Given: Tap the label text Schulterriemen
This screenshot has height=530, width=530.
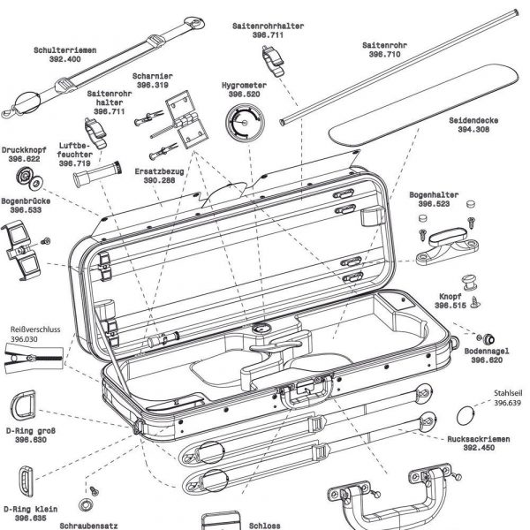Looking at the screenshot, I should (64, 50).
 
